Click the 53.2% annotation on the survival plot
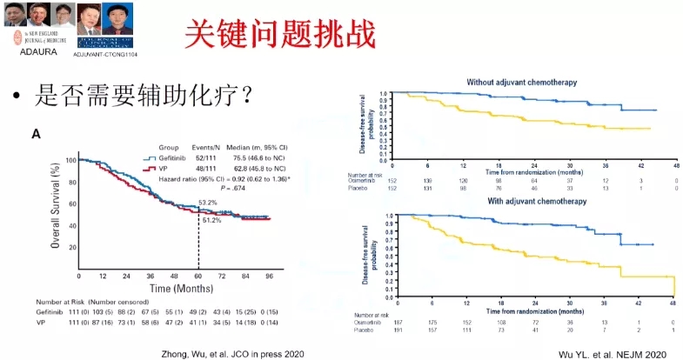207,202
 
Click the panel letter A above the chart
37,133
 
